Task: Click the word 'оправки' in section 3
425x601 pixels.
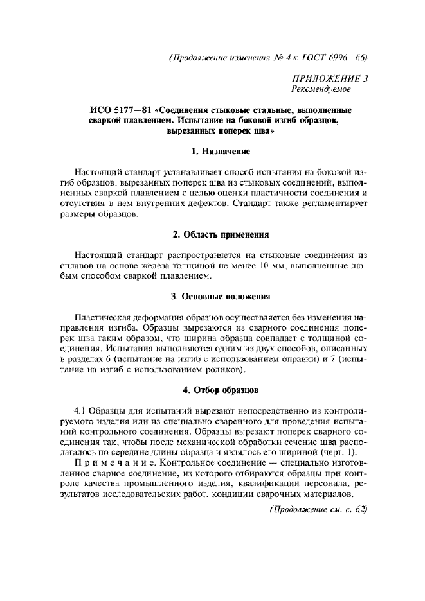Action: [x=296, y=360]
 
